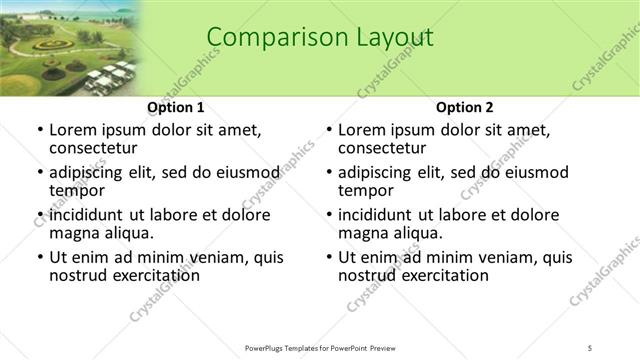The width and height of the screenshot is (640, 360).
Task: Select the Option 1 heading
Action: pos(176,107)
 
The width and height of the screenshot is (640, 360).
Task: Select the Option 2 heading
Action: pos(465,107)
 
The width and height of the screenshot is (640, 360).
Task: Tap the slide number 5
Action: pos(591,347)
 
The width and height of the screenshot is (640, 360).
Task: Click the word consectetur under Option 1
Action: pos(94,149)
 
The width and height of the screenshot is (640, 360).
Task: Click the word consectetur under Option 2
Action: pos(383,149)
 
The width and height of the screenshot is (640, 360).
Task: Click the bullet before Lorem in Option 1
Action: pos(39,130)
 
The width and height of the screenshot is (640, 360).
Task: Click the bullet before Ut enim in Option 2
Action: pos(328,257)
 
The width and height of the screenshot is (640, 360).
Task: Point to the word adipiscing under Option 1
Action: pos(88,172)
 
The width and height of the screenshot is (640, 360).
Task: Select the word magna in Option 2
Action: pos(363,233)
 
